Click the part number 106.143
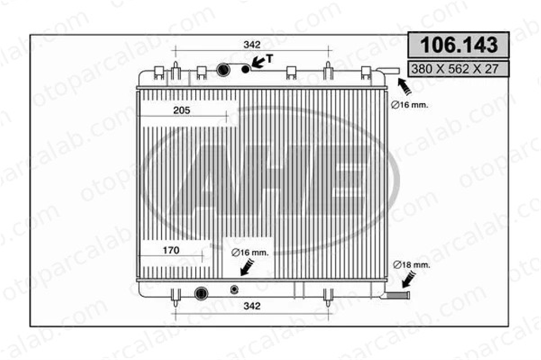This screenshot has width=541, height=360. tap(459, 45)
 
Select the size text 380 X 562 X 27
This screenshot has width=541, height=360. tap(455, 69)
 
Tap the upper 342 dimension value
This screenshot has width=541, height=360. tap(252, 44)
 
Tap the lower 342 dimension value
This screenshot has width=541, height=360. tap(252, 306)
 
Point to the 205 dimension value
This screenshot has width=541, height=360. tap(181, 110)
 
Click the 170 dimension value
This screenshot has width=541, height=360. tap(171, 250)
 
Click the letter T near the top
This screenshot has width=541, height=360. tap(269, 59)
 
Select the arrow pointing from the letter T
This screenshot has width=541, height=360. tap(259, 62)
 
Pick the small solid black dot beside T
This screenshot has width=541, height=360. tap(245, 69)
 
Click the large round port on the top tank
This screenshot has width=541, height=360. tap(223, 70)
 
